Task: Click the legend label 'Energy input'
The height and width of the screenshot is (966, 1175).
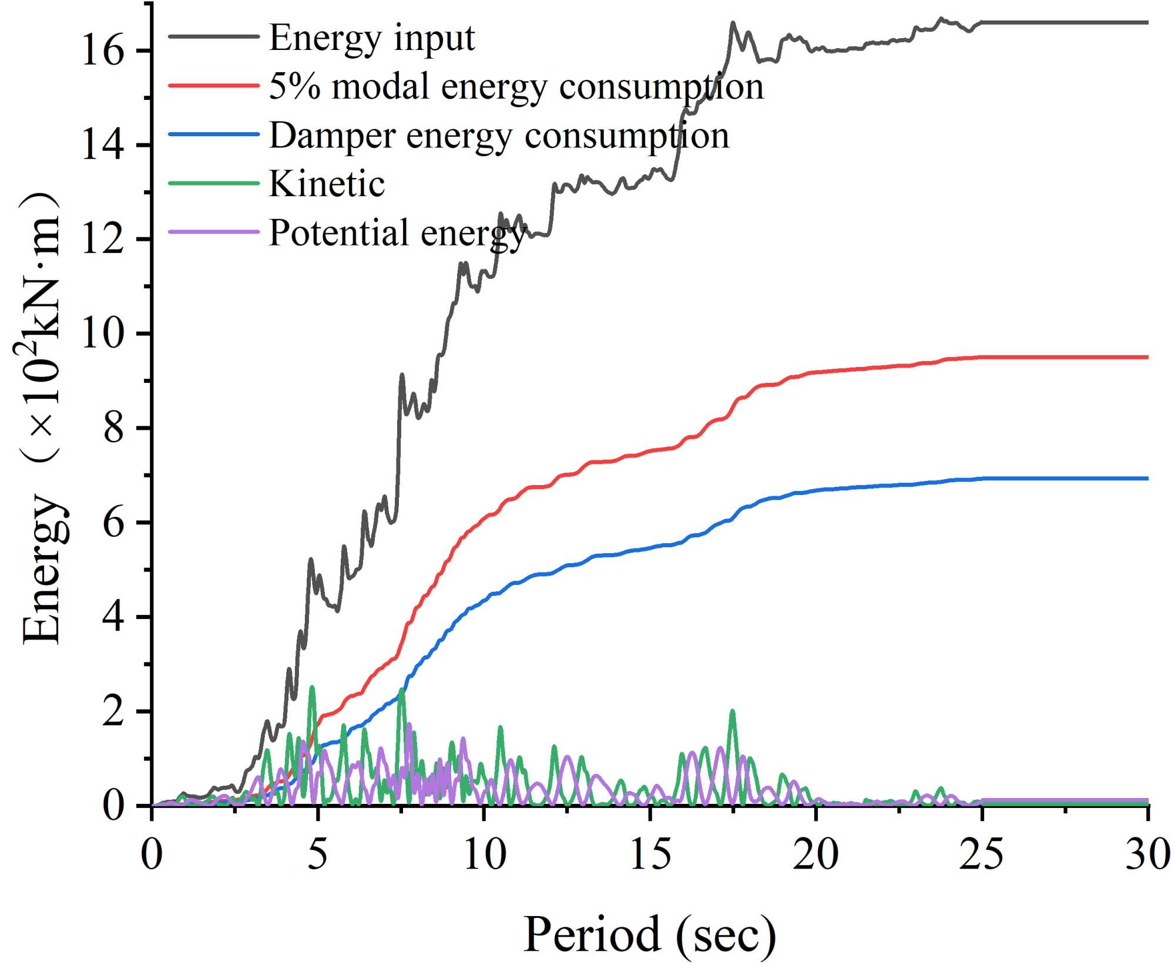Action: click(371, 39)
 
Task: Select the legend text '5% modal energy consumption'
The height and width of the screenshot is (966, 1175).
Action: click(516, 87)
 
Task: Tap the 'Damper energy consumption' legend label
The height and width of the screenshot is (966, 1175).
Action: click(499, 136)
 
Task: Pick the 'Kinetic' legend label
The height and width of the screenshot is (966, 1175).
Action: click(327, 184)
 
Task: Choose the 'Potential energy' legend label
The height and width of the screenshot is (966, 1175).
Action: click(397, 233)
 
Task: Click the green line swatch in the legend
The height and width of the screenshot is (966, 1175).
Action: click(214, 183)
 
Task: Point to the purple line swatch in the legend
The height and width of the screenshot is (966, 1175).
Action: click(214, 232)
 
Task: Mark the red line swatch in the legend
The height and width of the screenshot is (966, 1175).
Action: click(214, 86)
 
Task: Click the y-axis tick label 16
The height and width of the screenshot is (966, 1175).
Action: click(103, 51)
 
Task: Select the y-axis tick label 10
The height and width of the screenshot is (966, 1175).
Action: click(103, 334)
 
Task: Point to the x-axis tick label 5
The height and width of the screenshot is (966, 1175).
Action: click(317, 854)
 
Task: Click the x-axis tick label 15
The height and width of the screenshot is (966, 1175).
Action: click(650, 854)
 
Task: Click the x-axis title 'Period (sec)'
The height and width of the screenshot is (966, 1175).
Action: click(649, 934)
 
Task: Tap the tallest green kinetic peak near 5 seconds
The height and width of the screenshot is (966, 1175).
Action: click(312, 687)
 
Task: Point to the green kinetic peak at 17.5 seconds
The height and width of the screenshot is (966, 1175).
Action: click(732, 712)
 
